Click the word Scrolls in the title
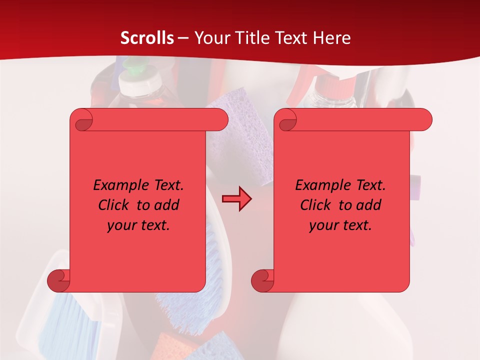[x=147, y=38]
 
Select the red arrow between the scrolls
[x=236, y=199]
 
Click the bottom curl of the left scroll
[x=58, y=281]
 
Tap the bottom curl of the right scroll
[x=262, y=281]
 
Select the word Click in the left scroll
[x=113, y=205]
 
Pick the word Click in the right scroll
[x=315, y=205]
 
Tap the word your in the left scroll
[x=121, y=225]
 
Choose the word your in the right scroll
[x=323, y=225]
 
